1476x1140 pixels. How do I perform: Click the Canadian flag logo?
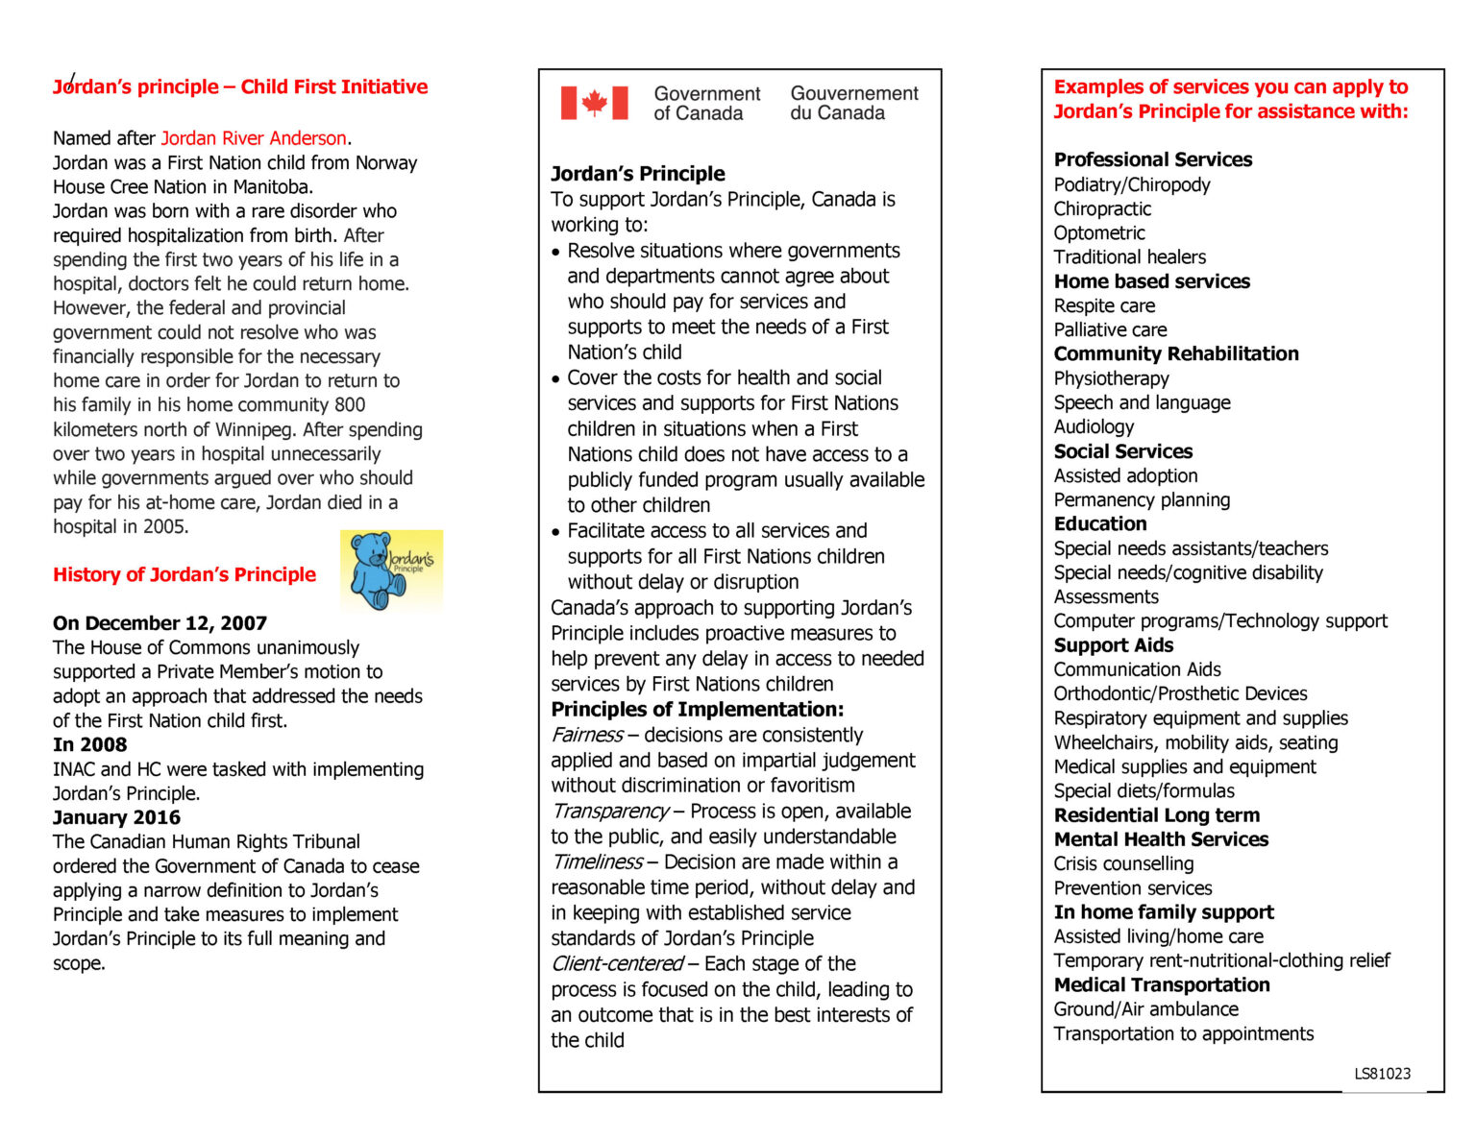coord(594,103)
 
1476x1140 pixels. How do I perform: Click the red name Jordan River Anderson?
coord(253,138)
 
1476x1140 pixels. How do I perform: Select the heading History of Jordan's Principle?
coord(184,574)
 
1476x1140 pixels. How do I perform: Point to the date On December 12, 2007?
coord(160,623)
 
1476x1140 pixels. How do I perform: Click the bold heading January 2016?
coord(116,817)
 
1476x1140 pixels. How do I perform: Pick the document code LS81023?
coord(1382,1074)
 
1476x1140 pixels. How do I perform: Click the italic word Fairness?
coord(586,735)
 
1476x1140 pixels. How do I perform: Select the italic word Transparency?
coord(609,811)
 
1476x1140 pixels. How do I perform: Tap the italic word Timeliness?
coord(596,861)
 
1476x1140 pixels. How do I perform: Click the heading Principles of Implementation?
coord(697,709)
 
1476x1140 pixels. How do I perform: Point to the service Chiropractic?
coord(1102,208)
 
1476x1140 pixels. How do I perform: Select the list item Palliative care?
coord(1110,329)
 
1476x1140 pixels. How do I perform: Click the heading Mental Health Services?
coord(1161,839)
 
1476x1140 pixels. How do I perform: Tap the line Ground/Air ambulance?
coord(1145,1008)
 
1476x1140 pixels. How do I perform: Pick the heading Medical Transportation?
coord(1162,984)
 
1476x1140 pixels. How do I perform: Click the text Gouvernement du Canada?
coord(853,103)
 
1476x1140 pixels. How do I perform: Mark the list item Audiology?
coord(1094,426)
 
